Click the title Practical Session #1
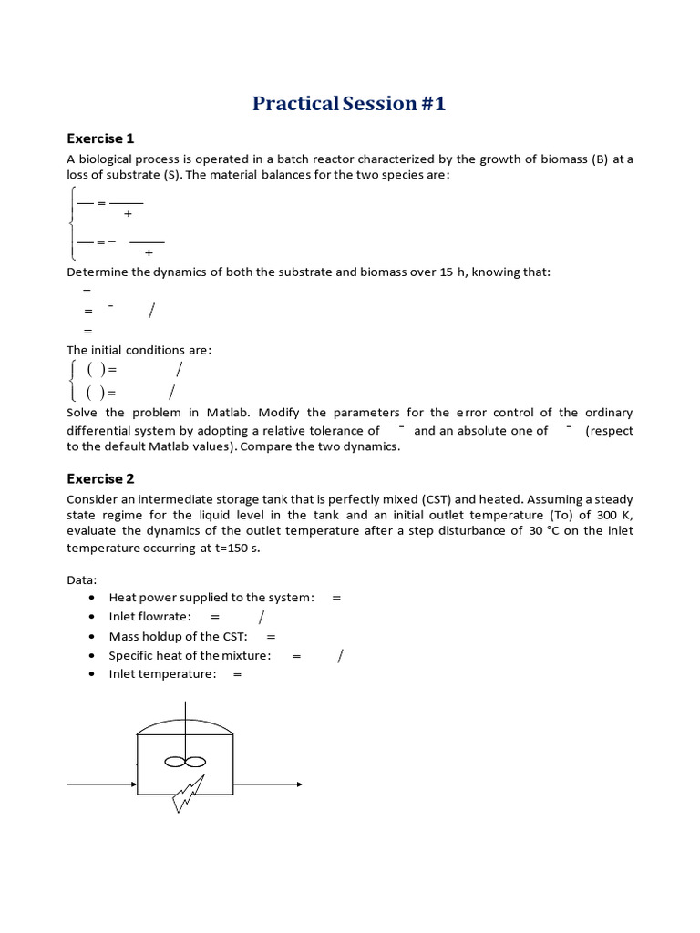coord(349,103)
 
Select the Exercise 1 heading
coord(100,138)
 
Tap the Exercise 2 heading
coord(100,478)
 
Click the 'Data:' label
coord(83,579)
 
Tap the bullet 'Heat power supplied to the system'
coord(211,597)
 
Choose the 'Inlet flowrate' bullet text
coord(149,617)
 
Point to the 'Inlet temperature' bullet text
coord(162,674)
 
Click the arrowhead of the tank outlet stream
coord(298,784)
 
